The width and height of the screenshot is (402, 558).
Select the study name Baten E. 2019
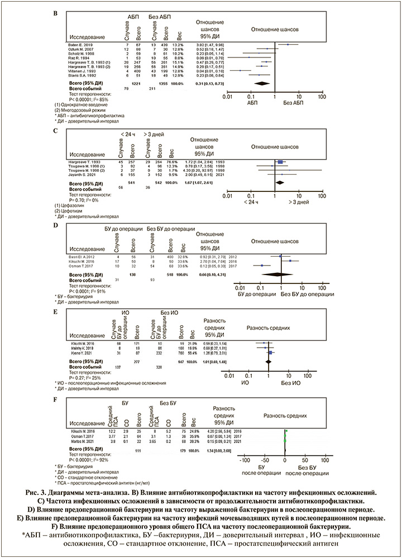(x=76, y=44)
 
